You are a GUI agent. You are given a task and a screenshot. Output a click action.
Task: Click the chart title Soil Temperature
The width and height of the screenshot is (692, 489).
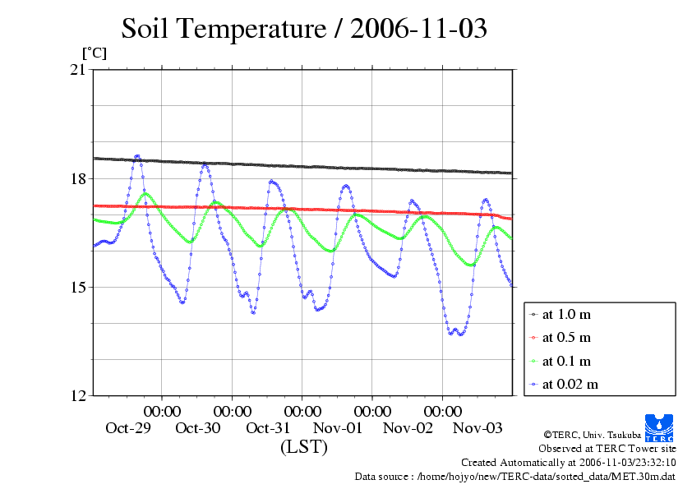[304, 29]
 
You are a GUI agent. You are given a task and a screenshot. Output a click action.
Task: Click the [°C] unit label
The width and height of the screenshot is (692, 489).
[93, 53]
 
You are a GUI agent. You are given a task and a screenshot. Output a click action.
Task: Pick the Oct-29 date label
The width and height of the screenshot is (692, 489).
[128, 428]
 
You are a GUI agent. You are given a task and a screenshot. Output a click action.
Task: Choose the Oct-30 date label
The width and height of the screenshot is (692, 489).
[198, 428]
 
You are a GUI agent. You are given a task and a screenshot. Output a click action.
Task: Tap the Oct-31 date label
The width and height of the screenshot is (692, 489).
[268, 428]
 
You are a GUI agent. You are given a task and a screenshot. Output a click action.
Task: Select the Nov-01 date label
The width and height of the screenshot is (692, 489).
[339, 428]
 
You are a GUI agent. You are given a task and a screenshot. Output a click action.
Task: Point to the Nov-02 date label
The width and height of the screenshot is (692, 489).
[408, 428]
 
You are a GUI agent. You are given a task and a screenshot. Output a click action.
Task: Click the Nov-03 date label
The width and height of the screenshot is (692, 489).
[478, 428]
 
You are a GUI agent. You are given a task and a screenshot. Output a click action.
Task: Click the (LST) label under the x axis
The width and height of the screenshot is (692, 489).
[304, 448]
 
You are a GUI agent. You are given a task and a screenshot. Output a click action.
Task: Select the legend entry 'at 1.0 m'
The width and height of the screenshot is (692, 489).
[566, 314]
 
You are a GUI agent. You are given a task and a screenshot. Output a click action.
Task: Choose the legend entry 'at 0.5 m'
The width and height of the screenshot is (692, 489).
[566, 337]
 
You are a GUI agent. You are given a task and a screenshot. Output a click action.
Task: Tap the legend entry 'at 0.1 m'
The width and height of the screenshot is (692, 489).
[566, 361]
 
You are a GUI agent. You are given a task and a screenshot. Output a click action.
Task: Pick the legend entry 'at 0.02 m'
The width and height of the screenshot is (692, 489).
[570, 384]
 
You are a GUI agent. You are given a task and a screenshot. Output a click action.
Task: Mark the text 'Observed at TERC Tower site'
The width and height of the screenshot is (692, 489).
[607, 449]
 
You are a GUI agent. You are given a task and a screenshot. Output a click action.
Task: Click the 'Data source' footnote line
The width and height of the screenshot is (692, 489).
[514, 476]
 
